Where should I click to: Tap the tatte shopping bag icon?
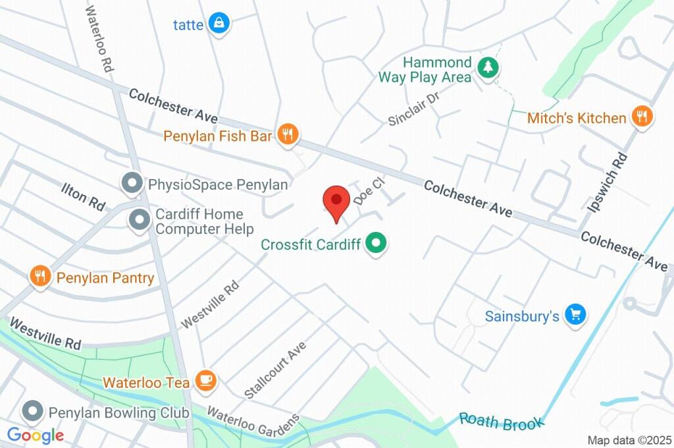point(218,24)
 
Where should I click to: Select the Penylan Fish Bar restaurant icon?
point(287,135)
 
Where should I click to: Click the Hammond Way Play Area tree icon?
point(487,67)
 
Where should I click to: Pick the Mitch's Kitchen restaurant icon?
point(641,117)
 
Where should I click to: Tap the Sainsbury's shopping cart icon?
point(576,315)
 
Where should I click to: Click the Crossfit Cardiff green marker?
point(376,244)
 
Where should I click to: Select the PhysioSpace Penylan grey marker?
point(132,184)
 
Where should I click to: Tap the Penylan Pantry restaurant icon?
point(40,277)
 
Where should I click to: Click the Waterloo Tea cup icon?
point(206,380)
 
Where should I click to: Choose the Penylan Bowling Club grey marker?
point(31,412)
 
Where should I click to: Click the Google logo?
point(36,435)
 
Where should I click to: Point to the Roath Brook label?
point(502,422)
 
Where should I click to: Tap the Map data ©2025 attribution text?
point(629,440)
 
